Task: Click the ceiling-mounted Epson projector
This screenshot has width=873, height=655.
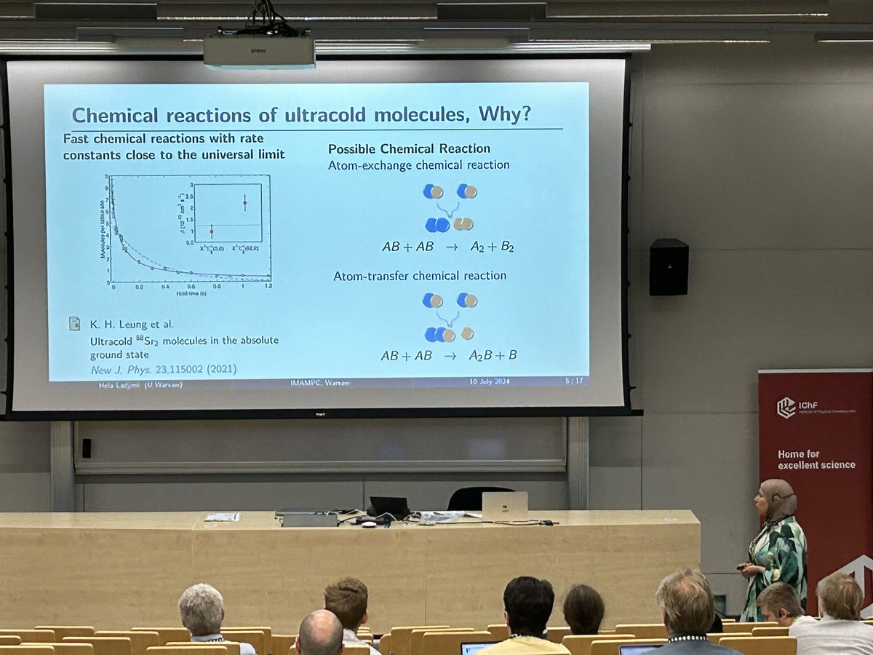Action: click(258, 51)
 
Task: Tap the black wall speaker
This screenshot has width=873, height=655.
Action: click(669, 266)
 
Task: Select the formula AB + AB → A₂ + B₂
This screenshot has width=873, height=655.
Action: click(448, 247)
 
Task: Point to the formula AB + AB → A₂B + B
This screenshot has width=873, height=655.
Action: click(449, 356)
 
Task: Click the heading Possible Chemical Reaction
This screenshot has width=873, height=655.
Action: click(409, 148)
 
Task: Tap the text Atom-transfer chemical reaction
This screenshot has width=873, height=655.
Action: click(420, 276)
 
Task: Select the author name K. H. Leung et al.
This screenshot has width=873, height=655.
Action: click(132, 324)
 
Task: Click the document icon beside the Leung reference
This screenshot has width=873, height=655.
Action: click(74, 323)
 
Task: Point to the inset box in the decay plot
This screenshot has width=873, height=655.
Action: click(226, 212)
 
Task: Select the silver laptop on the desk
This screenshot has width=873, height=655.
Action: click(504, 507)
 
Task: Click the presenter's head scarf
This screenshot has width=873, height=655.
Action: click(778, 497)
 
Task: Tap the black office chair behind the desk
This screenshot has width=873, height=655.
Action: click(479, 499)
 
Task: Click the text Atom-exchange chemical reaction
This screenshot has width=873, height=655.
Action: click(418, 165)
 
